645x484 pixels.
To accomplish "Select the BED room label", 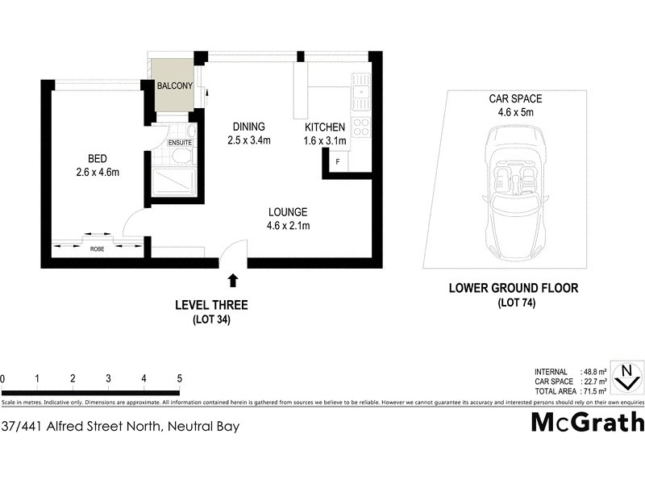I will coord(98,158).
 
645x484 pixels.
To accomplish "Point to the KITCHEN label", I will coord(325,127).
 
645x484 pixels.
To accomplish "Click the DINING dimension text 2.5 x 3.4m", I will coord(248,140).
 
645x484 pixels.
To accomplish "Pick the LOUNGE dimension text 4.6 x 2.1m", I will coord(289,226).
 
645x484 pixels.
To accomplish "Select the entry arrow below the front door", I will coord(233,281).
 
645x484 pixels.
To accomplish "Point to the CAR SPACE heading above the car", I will coord(514,99).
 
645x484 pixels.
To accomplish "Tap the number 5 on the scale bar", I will coord(179,378).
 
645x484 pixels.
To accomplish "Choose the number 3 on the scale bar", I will coord(108,378).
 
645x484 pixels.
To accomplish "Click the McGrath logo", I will coord(587,422).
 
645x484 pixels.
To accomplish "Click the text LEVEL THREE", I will coord(211,305).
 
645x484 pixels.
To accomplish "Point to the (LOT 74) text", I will coord(514,302).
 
